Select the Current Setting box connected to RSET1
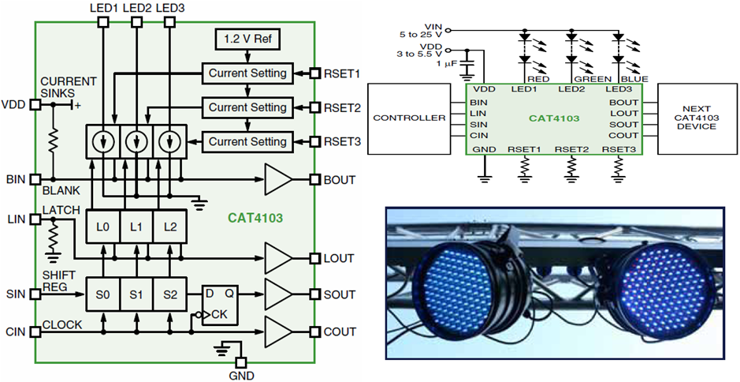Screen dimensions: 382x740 (x=247, y=73)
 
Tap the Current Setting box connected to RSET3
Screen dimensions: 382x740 (x=247, y=142)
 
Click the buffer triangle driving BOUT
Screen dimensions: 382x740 (x=277, y=179)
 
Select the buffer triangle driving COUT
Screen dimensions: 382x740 (x=277, y=331)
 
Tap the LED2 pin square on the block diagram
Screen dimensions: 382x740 (x=136, y=22)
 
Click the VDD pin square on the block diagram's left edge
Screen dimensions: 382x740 (x=34, y=104)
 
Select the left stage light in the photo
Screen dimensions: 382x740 (x=471, y=289)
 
